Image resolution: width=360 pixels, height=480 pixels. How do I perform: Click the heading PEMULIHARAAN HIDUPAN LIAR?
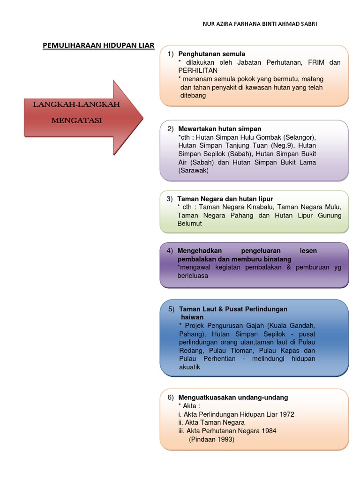pyautogui.click(x=98, y=45)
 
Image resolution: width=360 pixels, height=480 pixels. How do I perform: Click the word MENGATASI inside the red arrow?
pyautogui.click(x=76, y=120)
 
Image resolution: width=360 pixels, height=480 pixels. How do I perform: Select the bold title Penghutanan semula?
pyautogui.click(x=212, y=54)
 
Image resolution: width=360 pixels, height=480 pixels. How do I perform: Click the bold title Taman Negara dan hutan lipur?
pyautogui.click(x=225, y=199)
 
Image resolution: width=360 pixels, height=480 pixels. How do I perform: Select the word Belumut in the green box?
pyautogui.click(x=189, y=224)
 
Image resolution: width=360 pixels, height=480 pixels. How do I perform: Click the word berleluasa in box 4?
pyautogui.click(x=193, y=276)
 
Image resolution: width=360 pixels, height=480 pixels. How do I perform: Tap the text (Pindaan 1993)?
pyautogui.click(x=211, y=439)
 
